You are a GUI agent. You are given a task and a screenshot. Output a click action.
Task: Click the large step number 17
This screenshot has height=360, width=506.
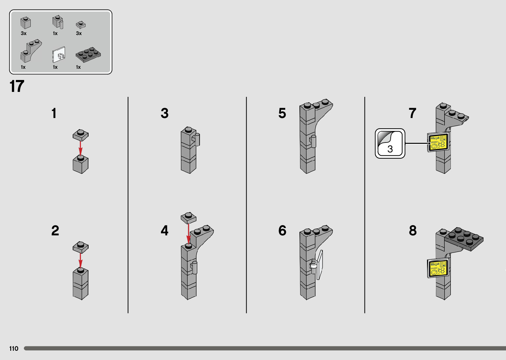[x=17, y=86]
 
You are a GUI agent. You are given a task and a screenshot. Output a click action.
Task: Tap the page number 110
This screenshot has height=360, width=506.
[x=14, y=348]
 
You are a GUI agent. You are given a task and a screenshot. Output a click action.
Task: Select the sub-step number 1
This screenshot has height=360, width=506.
[x=54, y=113]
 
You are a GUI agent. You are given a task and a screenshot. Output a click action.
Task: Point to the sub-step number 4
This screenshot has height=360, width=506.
[x=165, y=230]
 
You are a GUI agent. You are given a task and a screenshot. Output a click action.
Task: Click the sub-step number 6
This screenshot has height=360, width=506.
[x=282, y=230]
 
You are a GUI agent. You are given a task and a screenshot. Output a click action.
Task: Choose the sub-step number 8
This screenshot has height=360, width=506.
[x=413, y=230]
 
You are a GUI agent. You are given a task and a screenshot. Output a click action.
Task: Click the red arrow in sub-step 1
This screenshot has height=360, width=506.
[x=80, y=149]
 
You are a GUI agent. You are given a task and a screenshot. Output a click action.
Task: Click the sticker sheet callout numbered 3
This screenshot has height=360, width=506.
[x=390, y=143]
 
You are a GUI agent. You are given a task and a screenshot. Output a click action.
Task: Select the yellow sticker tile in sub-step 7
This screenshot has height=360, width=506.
[x=438, y=142]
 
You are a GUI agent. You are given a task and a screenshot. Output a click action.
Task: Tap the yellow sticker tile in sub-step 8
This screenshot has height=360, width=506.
[x=438, y=268]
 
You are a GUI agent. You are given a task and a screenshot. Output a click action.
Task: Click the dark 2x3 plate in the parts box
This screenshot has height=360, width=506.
[x=88, y=55]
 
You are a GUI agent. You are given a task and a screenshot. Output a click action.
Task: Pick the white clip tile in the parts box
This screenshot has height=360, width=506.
[x=59, y=55]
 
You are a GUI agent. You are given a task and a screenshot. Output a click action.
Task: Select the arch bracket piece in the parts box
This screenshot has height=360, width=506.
[x=31, y=51]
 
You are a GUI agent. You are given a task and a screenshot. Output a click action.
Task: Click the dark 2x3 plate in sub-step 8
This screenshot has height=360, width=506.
[x=464, y=239]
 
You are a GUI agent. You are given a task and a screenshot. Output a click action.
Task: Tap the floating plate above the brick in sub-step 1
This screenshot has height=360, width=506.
[x=80, y=135]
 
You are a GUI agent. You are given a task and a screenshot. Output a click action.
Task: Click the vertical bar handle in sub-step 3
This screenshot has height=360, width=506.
[x=197, y=140]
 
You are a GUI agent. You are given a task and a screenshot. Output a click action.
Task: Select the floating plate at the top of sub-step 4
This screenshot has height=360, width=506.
[x=188, y=218]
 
